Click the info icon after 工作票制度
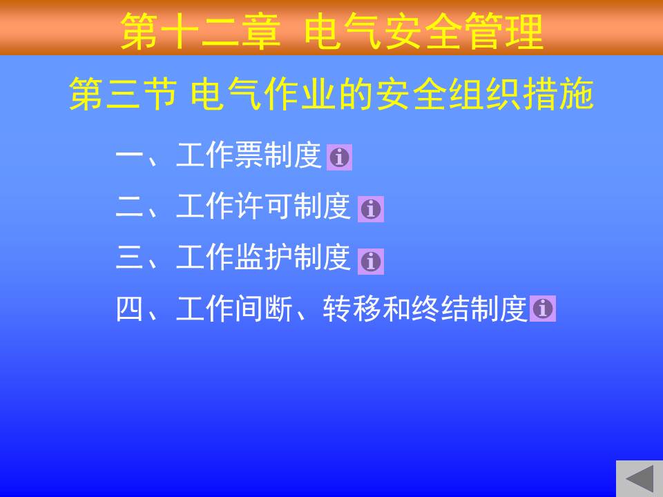click(339, 157)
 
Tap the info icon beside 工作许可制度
click(371, 208)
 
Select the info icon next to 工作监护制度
click(371, 261)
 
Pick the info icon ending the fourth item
click(543, 308)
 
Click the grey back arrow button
click(640, 478)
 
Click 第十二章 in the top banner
click(200, 31)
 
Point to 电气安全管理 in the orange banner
click(423, 31)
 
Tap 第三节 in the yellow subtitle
click(123, 95)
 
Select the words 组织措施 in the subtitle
click(521, 95)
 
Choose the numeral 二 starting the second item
click(130, 207)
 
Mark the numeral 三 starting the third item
click(130, 257)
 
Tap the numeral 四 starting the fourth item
click(130, 309)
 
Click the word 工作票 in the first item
click(220, 155)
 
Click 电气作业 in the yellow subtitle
click(262, 95)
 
